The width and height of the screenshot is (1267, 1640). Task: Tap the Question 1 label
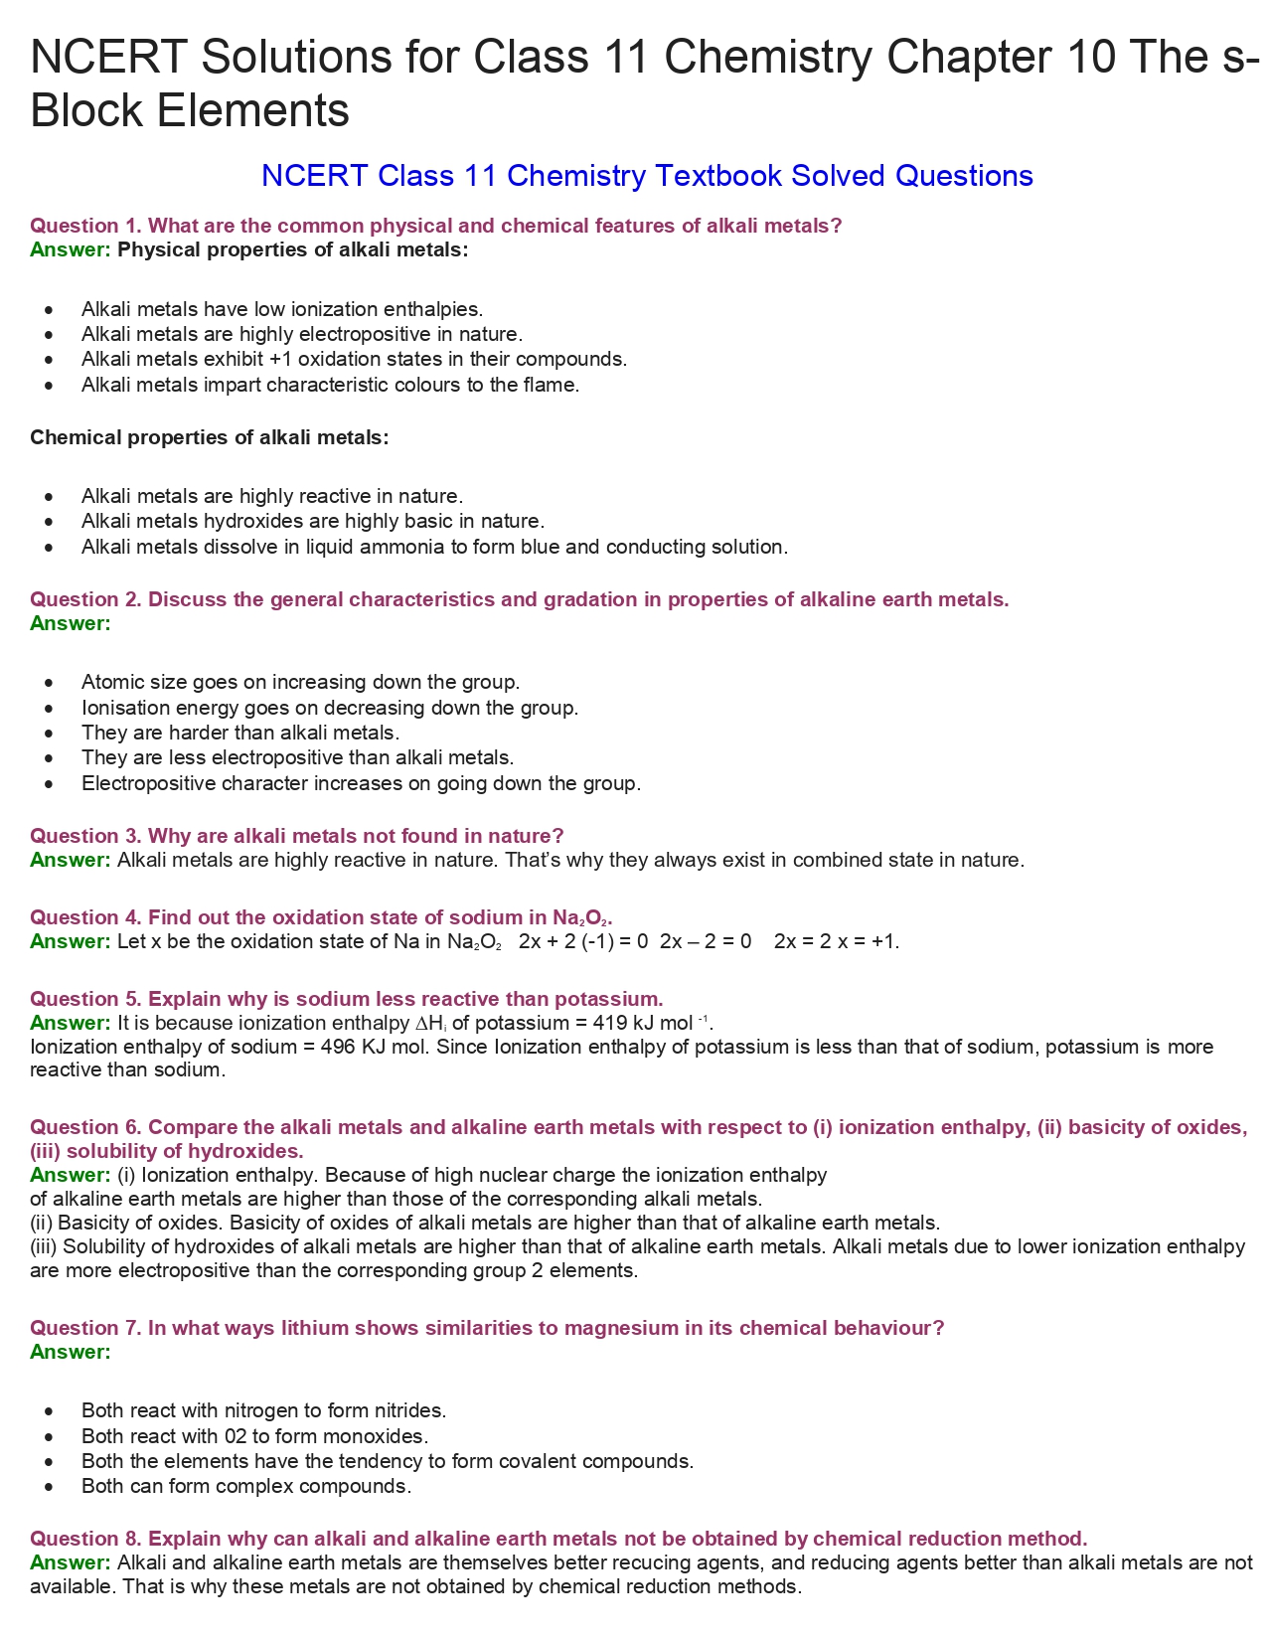coord(85,226)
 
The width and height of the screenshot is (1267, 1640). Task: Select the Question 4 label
coord(85,917)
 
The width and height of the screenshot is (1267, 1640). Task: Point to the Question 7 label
coord(85,1328)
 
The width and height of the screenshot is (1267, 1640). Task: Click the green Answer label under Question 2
coord(70,623)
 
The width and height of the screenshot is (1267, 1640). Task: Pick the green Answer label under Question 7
coord(70,1352)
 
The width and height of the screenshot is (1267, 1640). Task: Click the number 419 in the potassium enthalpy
coord(609,1023)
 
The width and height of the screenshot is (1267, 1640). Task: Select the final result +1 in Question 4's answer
coord(883,941)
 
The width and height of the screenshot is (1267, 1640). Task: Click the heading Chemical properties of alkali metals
coord(210,437)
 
